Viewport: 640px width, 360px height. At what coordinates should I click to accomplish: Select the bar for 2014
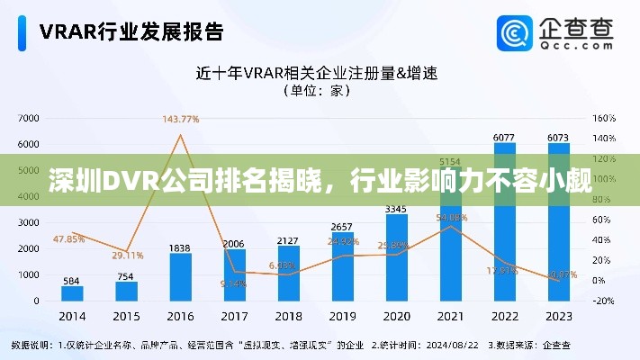(72, 292)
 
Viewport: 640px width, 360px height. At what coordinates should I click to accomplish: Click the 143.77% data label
(180, 119)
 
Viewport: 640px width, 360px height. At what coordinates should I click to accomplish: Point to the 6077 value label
(504, 137)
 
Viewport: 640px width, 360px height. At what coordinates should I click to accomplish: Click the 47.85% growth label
(68, 238)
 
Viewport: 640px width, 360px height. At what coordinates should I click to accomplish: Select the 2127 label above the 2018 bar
(288, 240)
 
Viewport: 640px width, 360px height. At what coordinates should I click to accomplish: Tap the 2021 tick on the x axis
(450, 317)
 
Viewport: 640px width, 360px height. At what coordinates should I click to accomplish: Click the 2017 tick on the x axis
(234, 317)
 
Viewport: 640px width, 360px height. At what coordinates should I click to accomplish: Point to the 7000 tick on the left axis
(28, 118)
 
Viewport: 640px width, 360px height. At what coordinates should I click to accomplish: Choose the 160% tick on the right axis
(603, 118)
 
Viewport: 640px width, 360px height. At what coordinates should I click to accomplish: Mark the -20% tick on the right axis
(603, 301)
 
